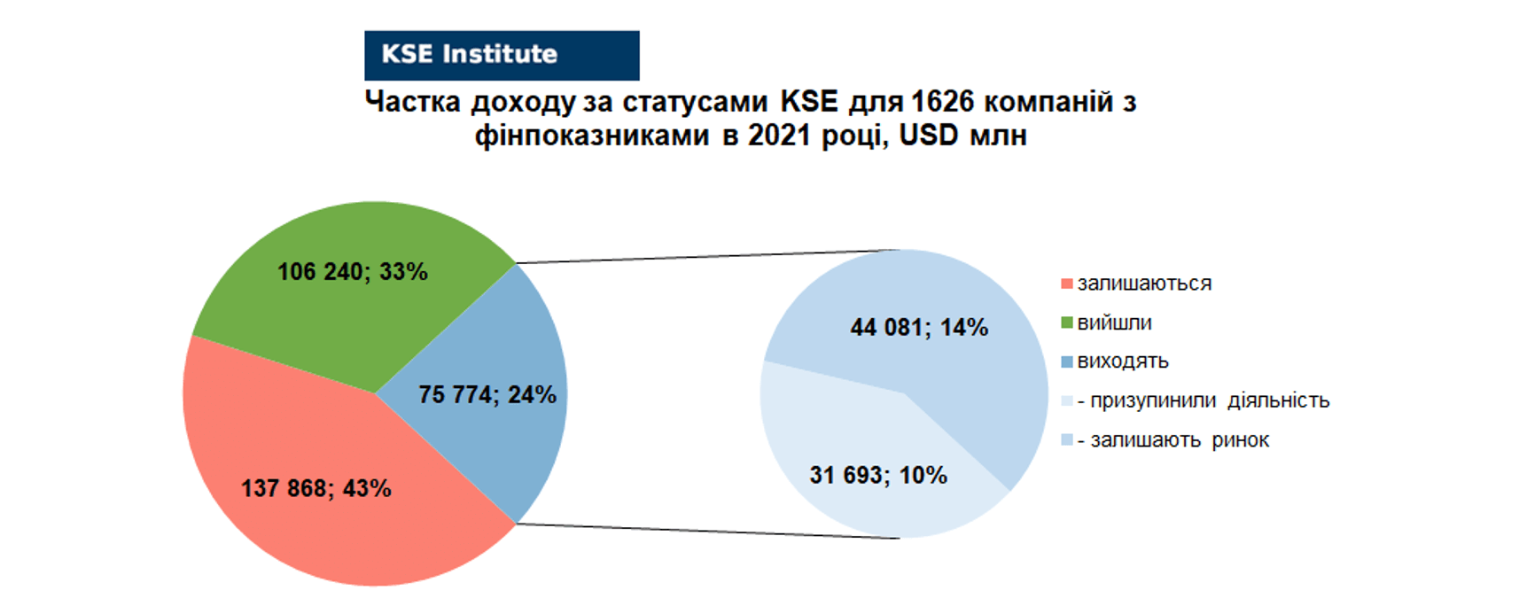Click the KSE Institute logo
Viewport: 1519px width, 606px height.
(x=502, y=55)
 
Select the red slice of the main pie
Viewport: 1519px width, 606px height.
(x=319, y=475)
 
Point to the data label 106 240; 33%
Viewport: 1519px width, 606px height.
(x=353, y=272)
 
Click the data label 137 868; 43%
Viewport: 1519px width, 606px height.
(x=316, y=488)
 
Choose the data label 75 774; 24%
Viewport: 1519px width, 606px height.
(x=487, y=394)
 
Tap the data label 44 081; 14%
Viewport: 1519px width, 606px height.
(x=919, y=328)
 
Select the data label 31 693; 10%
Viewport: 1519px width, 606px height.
(x=878, y=475)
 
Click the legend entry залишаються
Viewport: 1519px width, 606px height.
(x=1144, y=284)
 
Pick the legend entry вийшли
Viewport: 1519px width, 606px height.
(x=1114, y=322)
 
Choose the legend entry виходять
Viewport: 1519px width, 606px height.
(x=1123, y=361)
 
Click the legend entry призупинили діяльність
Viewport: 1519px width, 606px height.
(x=1204, y=400)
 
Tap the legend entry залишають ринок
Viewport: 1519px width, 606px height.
(x=1173, y=440)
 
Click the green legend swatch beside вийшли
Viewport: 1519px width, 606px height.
(x=1067, y=322)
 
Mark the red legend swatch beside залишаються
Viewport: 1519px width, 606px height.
(x=1067, y=284)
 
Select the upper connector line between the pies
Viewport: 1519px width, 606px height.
(x=708, y=256)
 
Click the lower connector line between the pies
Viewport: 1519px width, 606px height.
(x=708, y=532)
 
